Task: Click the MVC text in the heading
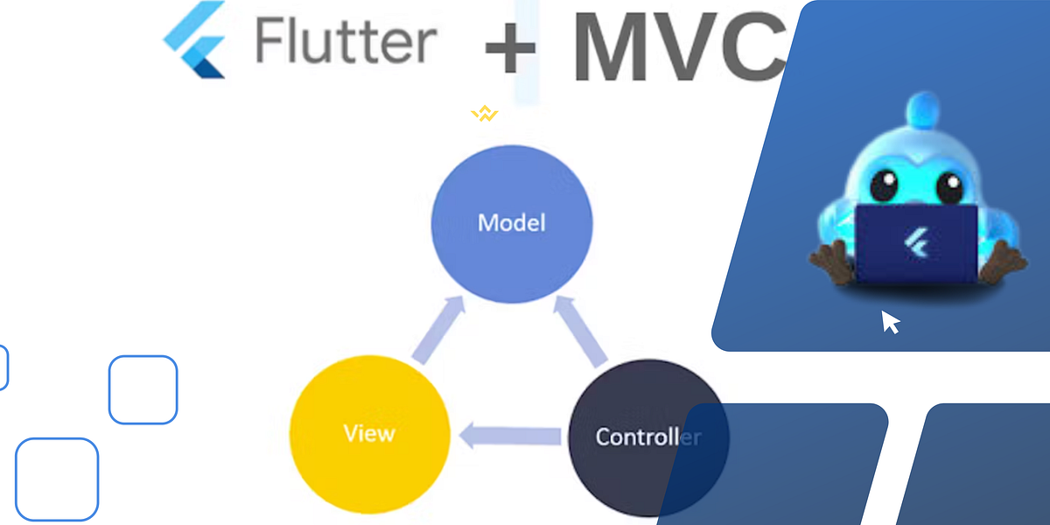click(x=678, y=45)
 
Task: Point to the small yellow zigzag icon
click(x=484, y=114)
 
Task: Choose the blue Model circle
click(x=512, y=222)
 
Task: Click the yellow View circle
click(x=369, y=434)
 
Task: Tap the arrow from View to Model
click(x=437, y=330)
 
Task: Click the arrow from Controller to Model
click(x=582, y=331)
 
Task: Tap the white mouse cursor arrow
click(x=890, y=322)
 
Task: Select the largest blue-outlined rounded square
click(x=57, y=479)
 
